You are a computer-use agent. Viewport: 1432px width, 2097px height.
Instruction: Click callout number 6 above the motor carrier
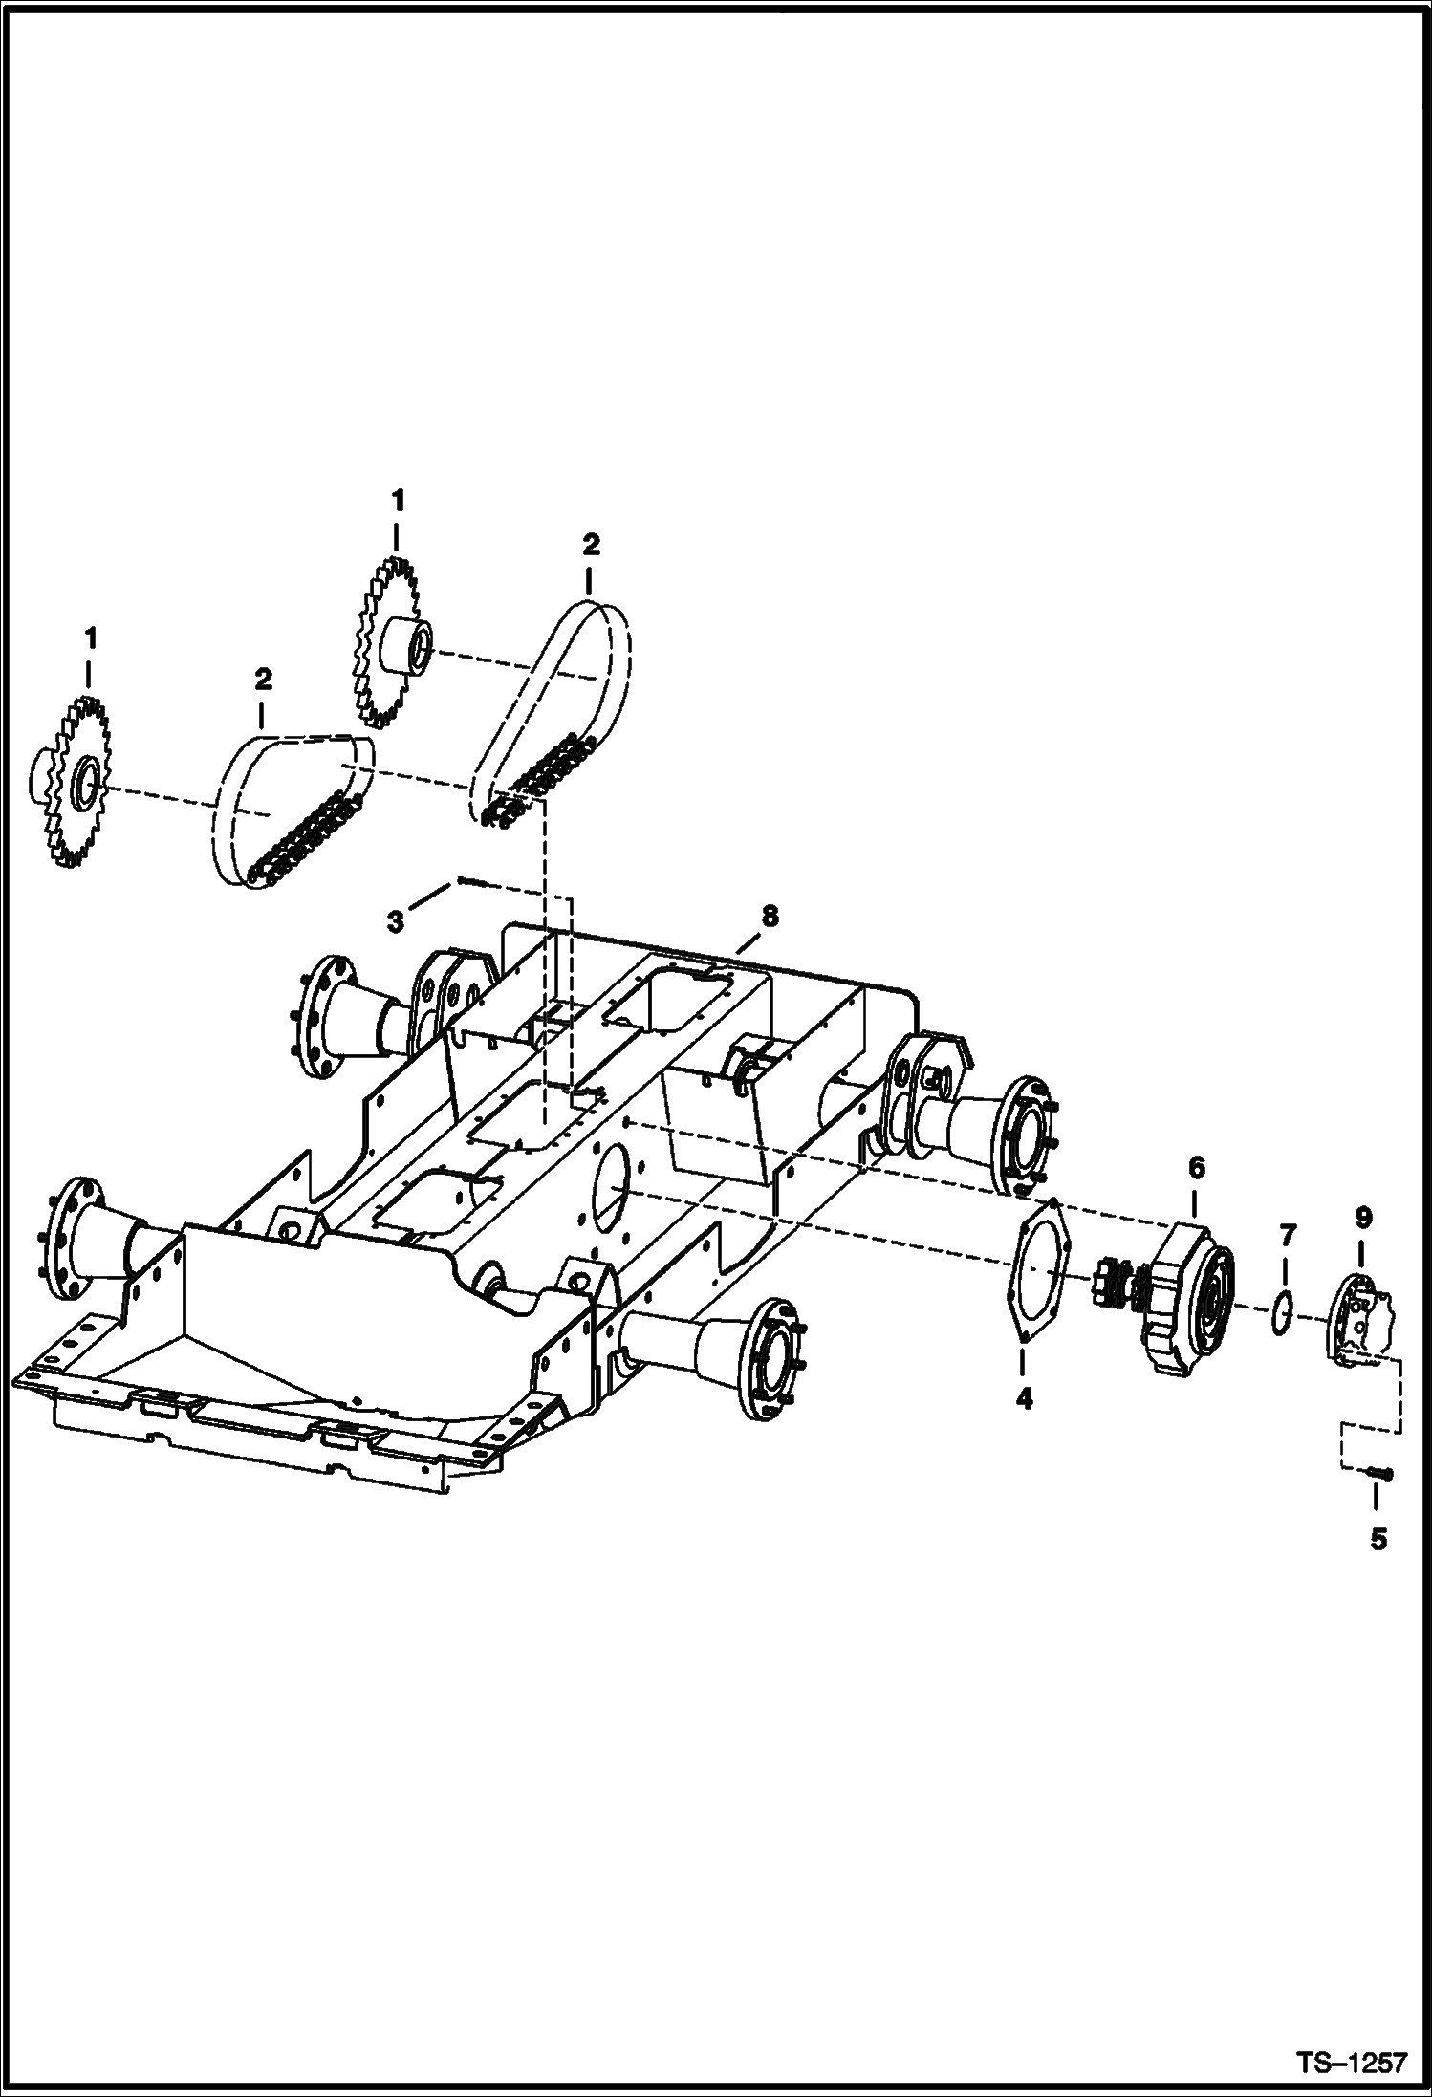(1197, 1167)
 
